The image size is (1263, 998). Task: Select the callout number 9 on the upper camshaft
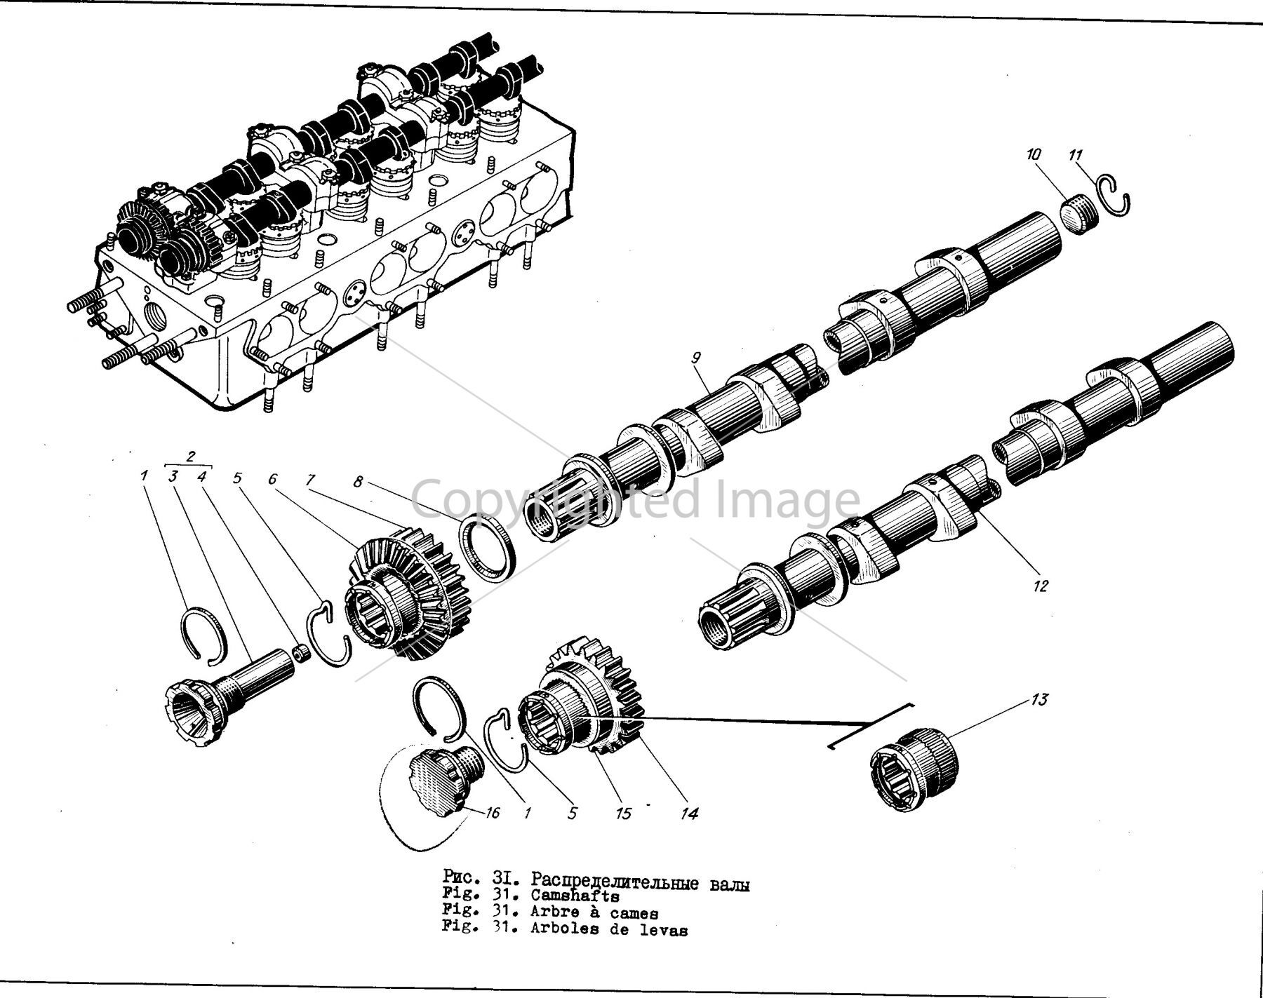tap(695, 358)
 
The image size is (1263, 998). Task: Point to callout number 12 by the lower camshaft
tap(1040, 586)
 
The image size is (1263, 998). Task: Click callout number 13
tap(1039, 699)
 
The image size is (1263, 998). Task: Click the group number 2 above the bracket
tap(189, 456)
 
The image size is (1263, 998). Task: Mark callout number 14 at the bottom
tap(689, 814)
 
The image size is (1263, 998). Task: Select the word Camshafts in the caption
tap(575, 897)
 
